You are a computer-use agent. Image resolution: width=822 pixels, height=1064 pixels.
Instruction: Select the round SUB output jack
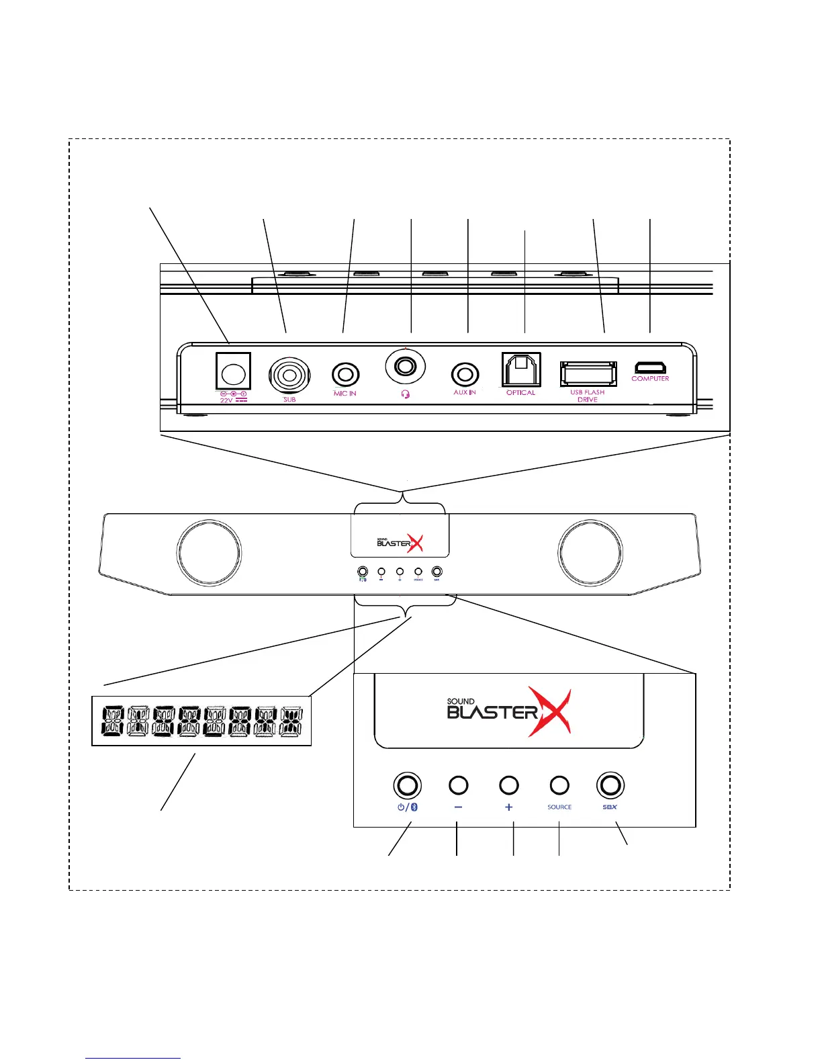289,374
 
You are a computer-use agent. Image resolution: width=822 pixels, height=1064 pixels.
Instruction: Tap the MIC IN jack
345,374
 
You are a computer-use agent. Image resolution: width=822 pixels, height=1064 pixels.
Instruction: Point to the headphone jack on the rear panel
405,367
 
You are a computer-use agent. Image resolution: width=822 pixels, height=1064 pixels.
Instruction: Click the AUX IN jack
465,373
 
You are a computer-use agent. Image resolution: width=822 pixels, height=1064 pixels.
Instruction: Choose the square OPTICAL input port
520,369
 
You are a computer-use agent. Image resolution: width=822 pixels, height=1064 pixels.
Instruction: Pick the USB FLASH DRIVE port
588,373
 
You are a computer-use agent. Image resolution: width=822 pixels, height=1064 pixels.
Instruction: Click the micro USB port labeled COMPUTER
649,367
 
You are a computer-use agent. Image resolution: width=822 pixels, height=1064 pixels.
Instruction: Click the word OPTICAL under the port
520,392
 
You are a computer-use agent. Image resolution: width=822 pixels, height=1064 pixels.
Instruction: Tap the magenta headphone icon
404,394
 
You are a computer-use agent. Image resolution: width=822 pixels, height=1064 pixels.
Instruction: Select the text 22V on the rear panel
226,400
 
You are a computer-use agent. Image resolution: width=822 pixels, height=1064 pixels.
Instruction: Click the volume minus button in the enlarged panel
458,785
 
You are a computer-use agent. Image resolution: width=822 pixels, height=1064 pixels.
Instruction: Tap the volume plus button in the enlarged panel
509,785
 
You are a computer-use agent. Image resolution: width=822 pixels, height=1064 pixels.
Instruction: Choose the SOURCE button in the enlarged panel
559,785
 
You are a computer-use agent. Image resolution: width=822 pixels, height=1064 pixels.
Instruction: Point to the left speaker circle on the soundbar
208,553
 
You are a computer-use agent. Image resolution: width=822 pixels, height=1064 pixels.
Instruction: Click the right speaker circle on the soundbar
591,553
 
